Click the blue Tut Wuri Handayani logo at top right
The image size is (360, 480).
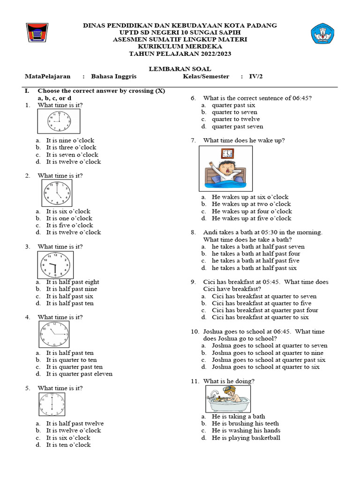323,34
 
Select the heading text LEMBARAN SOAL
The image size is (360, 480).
180,68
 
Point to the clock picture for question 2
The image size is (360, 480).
57,193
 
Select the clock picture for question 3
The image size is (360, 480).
55,265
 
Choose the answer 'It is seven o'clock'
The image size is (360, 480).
72,155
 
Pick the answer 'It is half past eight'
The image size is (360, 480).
73,282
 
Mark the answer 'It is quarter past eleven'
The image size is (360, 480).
79,374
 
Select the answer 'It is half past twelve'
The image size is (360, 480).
75,423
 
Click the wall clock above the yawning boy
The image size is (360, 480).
227,153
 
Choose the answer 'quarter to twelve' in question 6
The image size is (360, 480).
236,119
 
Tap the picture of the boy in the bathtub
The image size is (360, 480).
228,399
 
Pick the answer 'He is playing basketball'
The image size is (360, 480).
246,438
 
